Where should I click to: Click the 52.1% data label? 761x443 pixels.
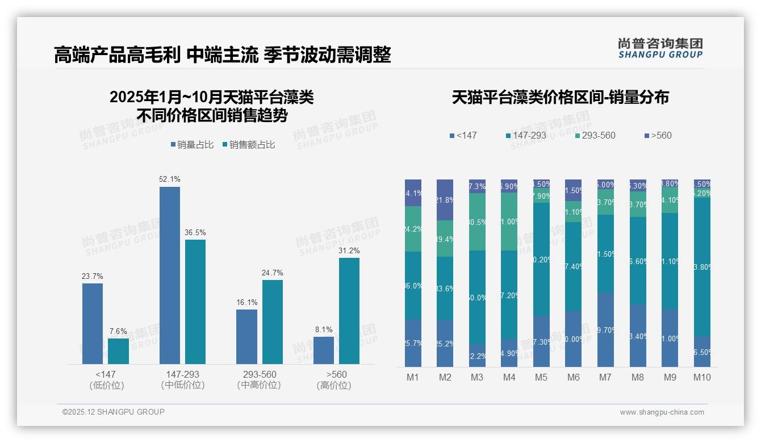tap(170, 179)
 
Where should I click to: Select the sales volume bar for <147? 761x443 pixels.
tap(93, 324)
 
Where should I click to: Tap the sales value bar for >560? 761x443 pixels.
tap(349, 311)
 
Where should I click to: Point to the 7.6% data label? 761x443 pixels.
tap(118, 331)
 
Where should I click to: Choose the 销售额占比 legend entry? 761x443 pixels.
tap(248, 145)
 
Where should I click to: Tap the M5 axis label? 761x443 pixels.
tap(541, 377)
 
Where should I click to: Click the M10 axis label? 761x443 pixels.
tap(702, 377)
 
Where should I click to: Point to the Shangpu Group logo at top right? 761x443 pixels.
tap(660, 48)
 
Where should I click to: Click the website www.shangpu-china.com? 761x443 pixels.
tap(662, 412)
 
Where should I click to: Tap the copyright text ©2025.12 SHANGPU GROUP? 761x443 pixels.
tap(113, 412)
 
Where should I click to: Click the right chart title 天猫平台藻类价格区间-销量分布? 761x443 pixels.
tap(560, 97)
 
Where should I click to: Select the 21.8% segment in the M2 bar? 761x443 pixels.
tap(445, 200)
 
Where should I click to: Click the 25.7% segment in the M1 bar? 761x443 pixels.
tap(413, 343)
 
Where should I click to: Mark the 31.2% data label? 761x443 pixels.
tap(349, 250)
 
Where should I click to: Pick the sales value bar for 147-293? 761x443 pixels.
tap(195, 302)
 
